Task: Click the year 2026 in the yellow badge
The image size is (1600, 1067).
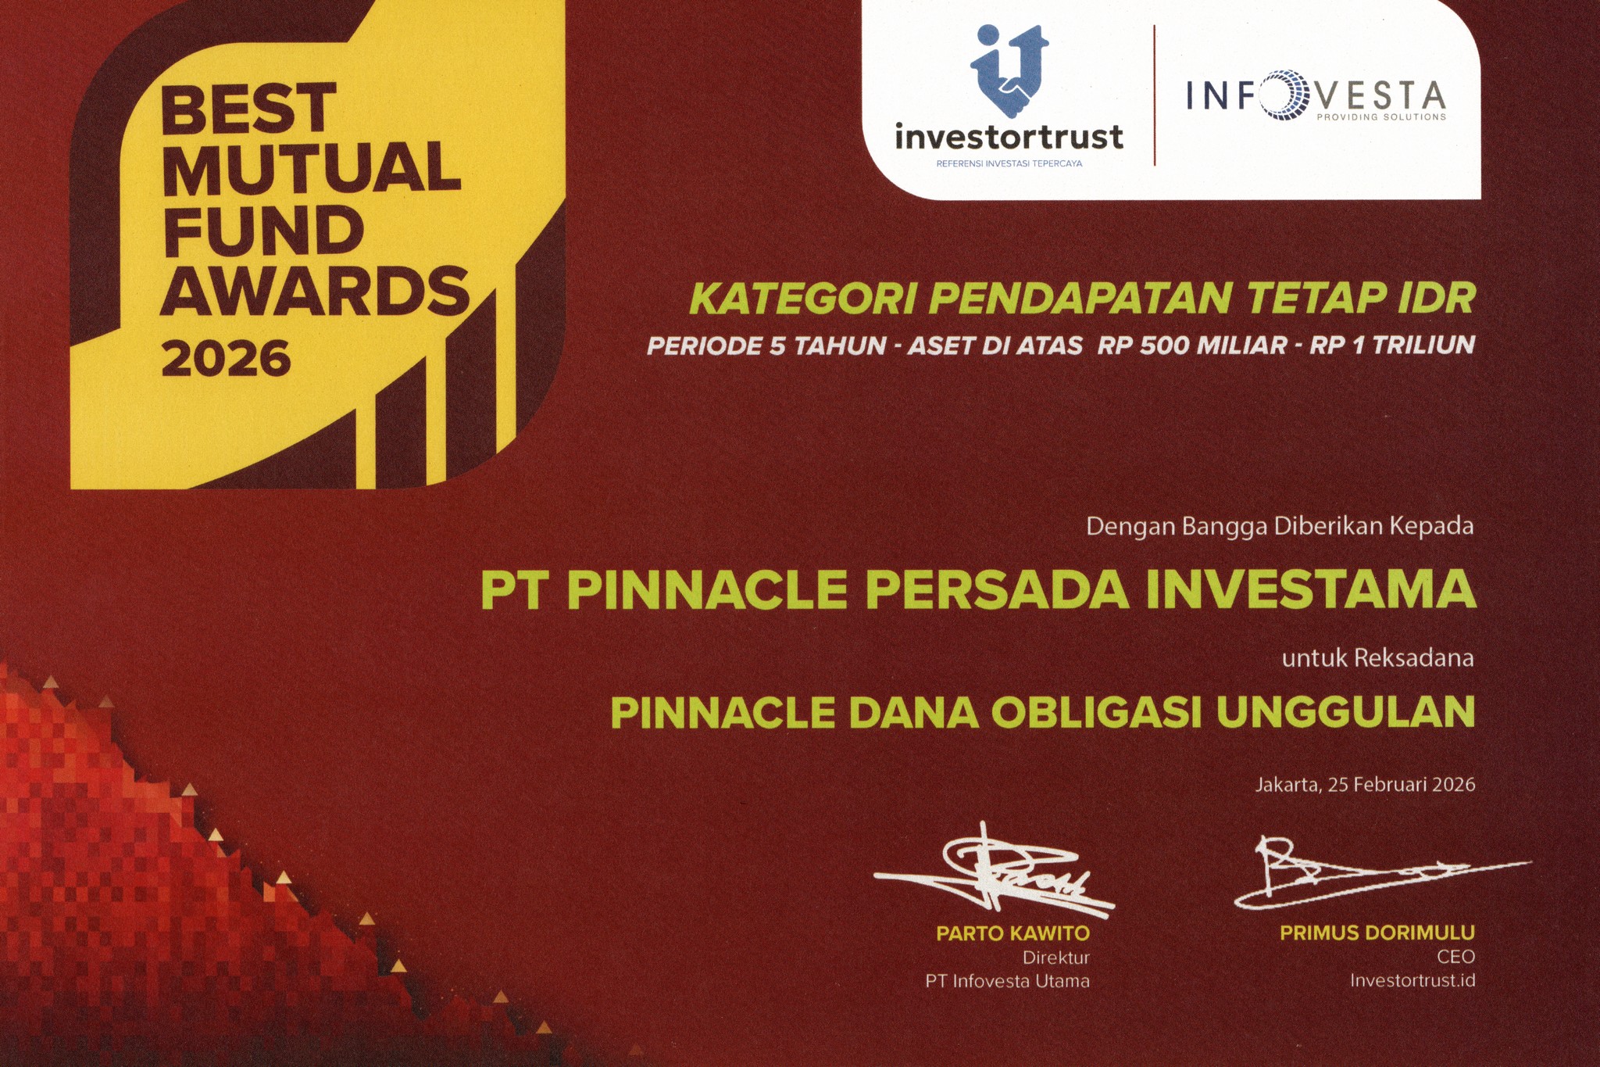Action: (226, 359)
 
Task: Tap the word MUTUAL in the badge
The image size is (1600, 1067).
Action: (311, 168)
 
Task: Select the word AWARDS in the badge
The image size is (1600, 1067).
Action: (315, 291)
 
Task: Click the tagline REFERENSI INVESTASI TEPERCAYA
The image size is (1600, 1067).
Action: (1009, 163)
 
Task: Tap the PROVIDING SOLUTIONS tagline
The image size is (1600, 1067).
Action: (1381, 117)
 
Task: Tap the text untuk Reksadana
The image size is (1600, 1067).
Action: (1377, 658)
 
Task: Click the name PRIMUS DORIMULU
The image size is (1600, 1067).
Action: (1377, 933)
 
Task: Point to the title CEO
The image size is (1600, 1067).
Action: (1455, 957)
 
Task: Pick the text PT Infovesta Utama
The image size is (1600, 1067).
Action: (1007, 981)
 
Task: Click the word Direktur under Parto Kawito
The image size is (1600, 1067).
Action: (1055, 958)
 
